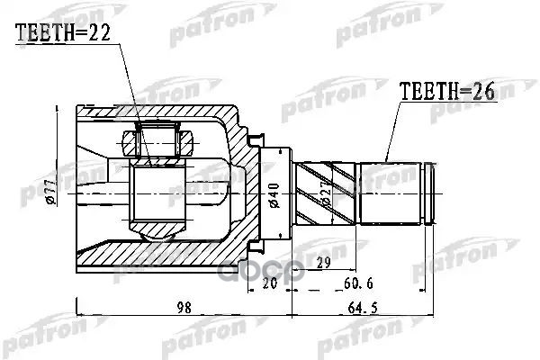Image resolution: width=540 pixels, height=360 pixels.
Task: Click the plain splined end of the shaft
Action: (390, 193)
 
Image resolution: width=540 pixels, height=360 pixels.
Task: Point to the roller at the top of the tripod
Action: (157, 140)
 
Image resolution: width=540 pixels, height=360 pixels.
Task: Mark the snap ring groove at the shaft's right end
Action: (430, 193)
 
